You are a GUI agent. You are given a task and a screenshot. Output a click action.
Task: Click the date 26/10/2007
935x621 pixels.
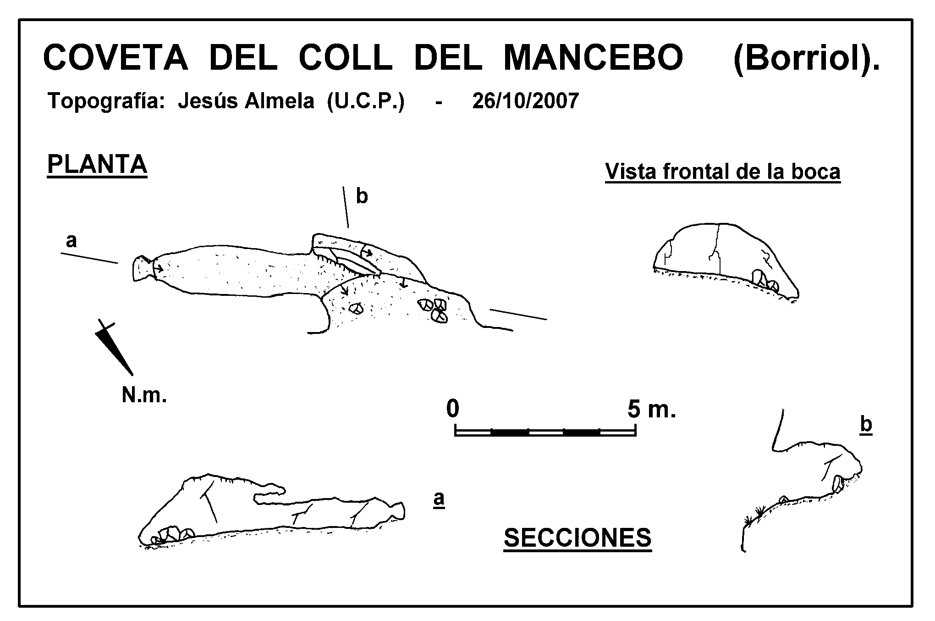(x=526, y=100)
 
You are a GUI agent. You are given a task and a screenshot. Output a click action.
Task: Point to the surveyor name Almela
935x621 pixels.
(x=279, y=100)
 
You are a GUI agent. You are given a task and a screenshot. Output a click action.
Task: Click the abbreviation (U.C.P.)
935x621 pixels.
(x=365, y=101)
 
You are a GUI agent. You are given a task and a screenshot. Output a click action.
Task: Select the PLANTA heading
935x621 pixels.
(x=97, y=164)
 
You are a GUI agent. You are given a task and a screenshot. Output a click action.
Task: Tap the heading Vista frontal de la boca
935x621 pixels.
(x=723, y=172)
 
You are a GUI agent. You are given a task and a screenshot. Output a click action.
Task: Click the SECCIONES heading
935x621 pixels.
(x=577, y=538)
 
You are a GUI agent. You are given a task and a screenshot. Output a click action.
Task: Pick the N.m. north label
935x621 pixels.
(x=144, y=395)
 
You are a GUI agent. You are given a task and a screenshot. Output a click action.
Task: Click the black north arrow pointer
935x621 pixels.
(x=113, y=347)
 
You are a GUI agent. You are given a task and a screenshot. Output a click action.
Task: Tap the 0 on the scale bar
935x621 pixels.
(x=452, y=408)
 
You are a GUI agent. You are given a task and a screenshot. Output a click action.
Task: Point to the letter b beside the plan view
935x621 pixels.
(x=362, y=196)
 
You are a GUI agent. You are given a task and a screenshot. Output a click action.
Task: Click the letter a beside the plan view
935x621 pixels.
(x=71, y=240)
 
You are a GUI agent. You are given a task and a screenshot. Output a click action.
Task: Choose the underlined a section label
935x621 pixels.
(x=439, y=499)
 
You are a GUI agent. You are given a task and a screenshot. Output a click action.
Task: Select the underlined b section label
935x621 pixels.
(x=866, y=425)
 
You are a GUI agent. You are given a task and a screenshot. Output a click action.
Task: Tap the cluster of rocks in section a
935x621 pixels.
(x=172, y=534)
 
